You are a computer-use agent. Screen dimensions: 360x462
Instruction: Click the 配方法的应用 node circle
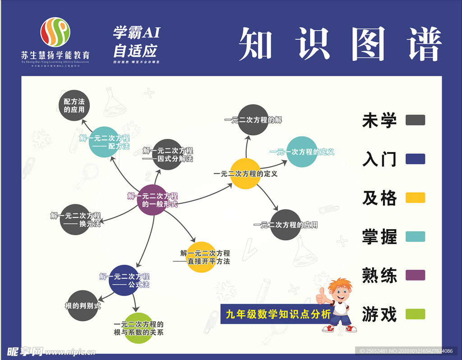[74, 106]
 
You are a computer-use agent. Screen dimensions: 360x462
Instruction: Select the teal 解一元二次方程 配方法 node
[104, 142]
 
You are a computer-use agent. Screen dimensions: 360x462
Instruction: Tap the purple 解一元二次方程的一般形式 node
[152, 199]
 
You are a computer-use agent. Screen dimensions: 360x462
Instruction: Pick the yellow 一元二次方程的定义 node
[245, 174]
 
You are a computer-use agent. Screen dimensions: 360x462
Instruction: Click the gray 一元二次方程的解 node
[253, 120]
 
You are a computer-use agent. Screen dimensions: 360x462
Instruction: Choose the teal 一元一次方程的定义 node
[302, 152]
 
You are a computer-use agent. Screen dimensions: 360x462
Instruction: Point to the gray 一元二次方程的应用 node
[286, 225]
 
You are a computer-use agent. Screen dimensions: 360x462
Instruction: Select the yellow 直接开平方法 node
[202, 257]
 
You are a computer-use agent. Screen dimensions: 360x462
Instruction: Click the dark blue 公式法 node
[124, 280]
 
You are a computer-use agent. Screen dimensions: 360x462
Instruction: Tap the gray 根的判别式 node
[83, 305]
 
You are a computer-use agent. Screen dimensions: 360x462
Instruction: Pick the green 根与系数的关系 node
[139, 328]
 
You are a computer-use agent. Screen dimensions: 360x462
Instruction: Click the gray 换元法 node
[75, 220]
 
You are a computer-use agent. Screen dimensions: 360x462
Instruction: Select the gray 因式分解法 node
[167, 154]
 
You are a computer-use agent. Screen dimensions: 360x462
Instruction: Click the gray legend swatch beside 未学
[415, 120]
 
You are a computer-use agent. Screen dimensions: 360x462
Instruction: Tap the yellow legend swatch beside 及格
[415, 198]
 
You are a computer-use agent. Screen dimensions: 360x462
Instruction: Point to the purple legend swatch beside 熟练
[415, 275]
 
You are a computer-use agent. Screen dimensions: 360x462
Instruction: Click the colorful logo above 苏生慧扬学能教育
[55, 32]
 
